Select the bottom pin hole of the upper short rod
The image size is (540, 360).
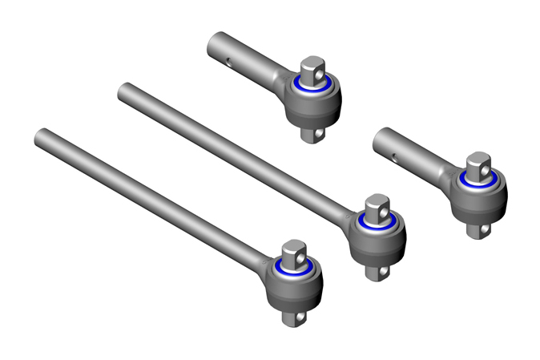320,135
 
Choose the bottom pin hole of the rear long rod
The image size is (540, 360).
386,273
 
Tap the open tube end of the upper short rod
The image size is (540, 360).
214,42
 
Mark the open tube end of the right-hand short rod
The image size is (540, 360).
380,138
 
